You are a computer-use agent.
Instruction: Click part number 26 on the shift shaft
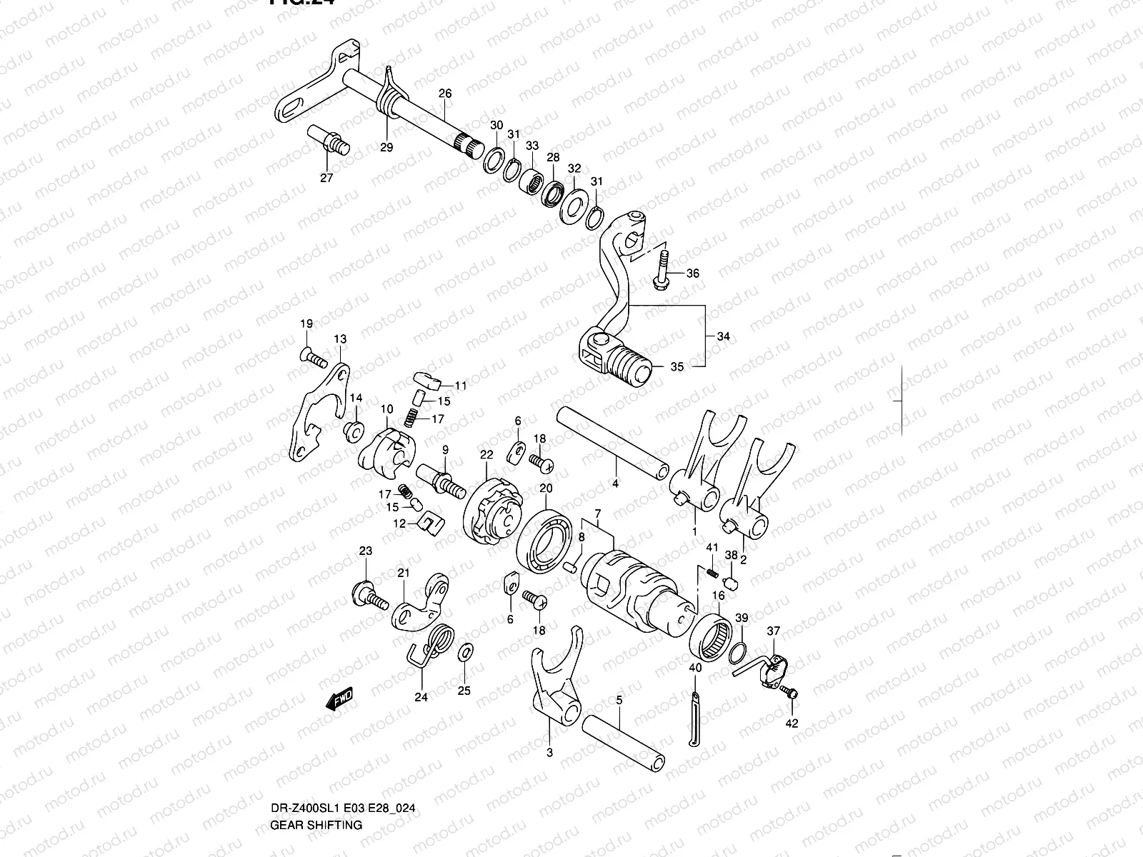tap(445, 94)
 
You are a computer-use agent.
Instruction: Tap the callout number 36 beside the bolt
tap(693, 274)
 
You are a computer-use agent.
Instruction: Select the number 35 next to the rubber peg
tap(677, 366)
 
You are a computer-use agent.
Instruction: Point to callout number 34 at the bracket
tap(724, 336)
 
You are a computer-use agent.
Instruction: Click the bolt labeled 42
tap(789, 692)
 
